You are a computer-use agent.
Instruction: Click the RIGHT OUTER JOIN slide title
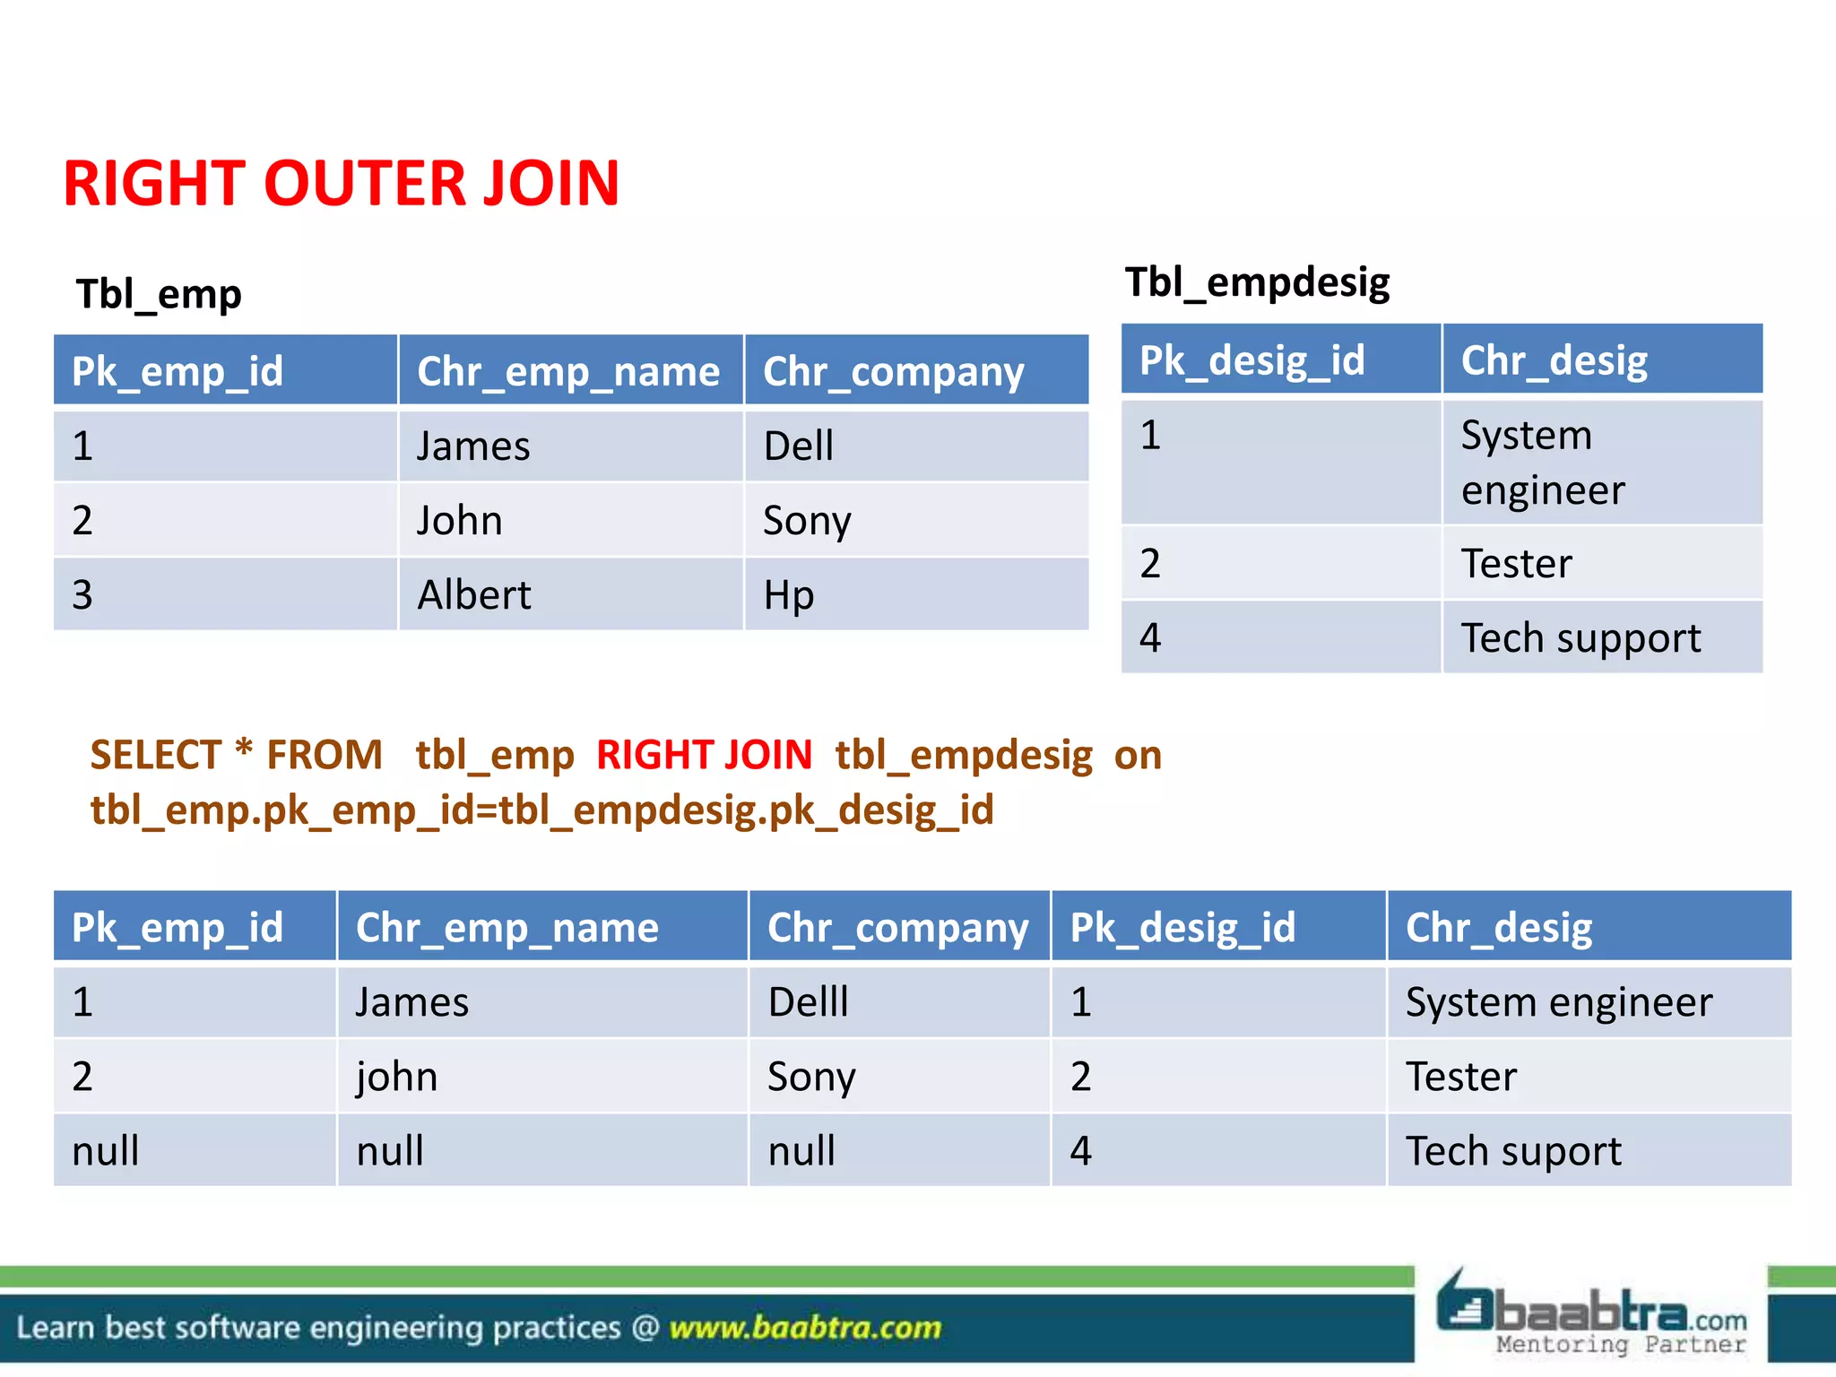[341, 184]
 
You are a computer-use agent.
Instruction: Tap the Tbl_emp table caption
[159, 294]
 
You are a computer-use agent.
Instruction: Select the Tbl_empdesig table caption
[1257, 282]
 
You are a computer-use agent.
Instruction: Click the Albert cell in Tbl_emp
[474, 595]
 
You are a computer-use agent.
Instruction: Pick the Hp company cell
[789, 595]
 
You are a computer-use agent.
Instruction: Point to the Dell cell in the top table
[798, 446]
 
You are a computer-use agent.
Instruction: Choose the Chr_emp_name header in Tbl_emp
[568, 371]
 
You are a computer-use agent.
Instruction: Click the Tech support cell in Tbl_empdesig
[1581, 638]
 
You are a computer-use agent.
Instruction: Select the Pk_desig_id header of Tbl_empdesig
[1251, 360]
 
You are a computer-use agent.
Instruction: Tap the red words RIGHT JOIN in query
[704, 755]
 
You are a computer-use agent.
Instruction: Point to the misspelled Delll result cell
[808, 1002]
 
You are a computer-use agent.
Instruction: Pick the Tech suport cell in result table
[1513, 1151]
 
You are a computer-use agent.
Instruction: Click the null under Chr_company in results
[801, 1151]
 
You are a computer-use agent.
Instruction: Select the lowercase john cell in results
[396, 1077]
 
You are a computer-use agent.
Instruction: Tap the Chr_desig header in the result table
[1499, 927]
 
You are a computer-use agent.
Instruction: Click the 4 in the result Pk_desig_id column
[1081, 1151]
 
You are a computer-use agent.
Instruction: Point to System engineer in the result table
[1558, 1002]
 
